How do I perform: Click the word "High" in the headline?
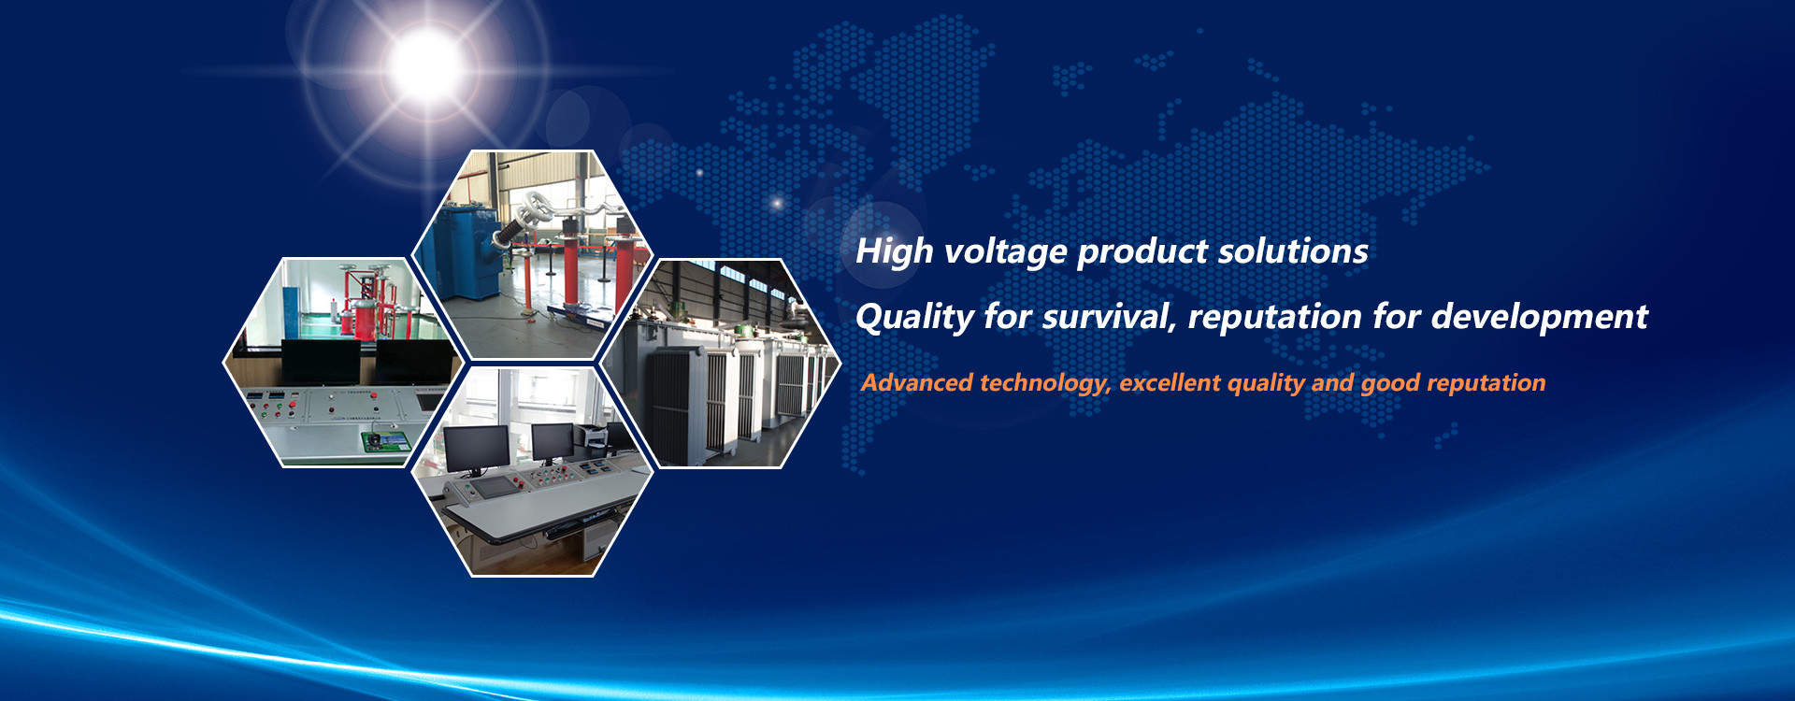pos(895,251)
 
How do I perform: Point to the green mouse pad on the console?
pos(386,440)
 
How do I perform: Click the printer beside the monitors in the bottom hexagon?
pos(591,435)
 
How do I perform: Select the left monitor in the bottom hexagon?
pos(477,448)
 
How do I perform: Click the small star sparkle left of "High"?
pos(776,203)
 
